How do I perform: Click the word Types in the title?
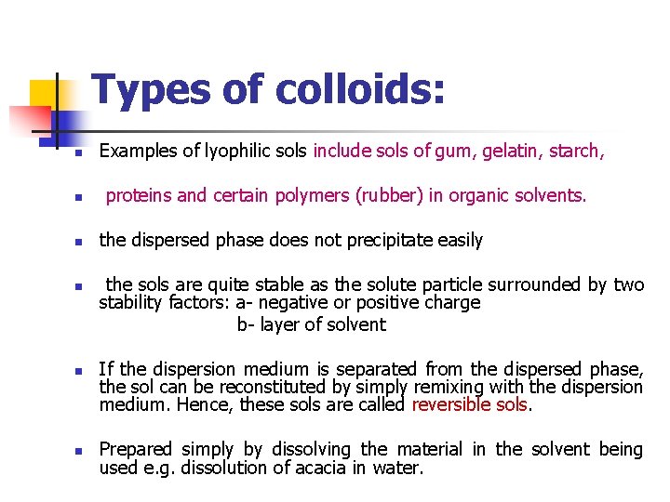[151, 90]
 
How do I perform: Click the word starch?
[578, 151]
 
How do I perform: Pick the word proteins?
[138, 196]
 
